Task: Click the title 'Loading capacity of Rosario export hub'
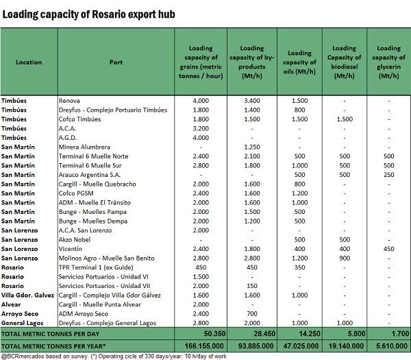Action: pos(88,14)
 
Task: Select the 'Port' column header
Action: pos(116,62)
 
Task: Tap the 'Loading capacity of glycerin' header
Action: pos(388,62)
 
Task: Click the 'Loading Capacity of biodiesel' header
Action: pos(344,62)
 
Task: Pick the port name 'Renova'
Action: pos(69,101)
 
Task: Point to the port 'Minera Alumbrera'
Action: pos(84,147)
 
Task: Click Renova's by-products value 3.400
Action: pos(252,101)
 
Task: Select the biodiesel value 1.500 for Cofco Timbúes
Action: pos(345,119)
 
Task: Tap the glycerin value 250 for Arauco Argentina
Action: pos(388,175)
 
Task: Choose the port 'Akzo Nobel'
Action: pos(75,239)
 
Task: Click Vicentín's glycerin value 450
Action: pos(388,249)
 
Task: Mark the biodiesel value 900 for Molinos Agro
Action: pos(345,259)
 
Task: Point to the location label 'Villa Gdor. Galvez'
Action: pos(27,295)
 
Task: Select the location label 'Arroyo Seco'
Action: pos(20,314)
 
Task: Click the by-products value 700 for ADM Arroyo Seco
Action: pos(252,314)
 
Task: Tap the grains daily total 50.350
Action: pos(214,334)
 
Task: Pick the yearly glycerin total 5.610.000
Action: pos(392,346)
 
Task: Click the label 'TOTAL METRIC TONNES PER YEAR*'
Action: pos(53,346)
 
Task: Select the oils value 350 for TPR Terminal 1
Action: pos(299,267)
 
